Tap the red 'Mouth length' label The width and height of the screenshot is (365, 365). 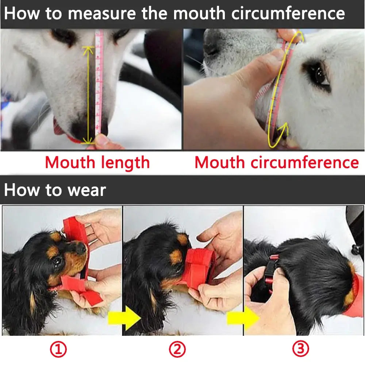97,162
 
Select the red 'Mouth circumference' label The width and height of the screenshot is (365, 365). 277,162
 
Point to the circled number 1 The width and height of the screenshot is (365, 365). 58,350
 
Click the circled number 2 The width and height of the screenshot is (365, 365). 177,350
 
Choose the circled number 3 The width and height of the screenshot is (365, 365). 300,350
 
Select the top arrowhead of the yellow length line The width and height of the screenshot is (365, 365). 88,50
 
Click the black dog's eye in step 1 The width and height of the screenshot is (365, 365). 58,261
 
